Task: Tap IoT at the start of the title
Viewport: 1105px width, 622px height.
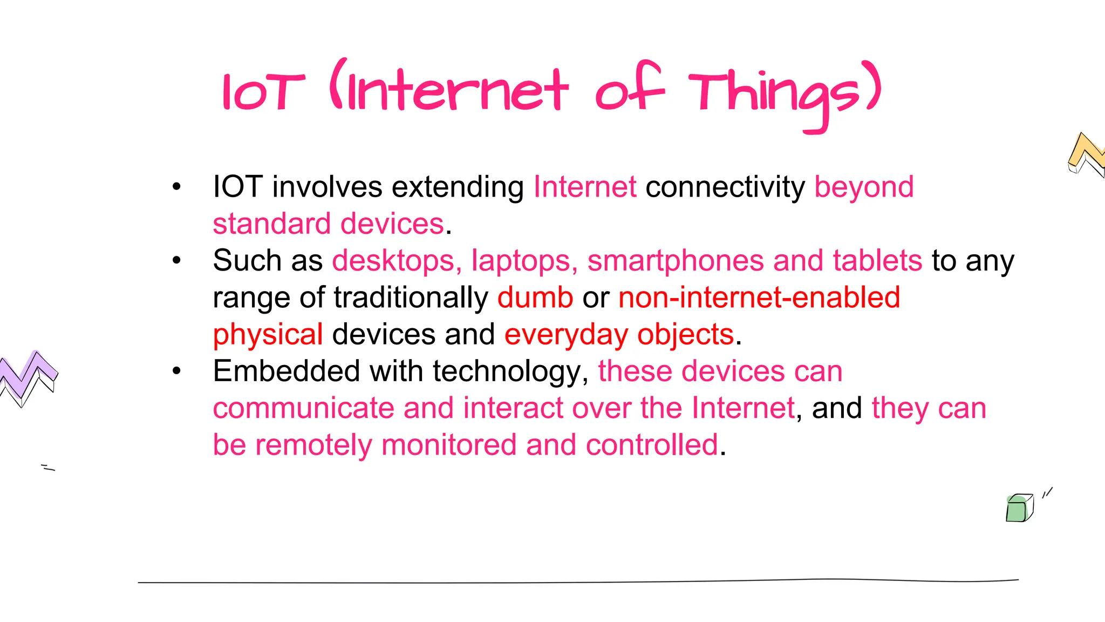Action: pos(263,93)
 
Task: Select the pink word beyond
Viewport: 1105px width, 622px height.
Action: pos(864,187)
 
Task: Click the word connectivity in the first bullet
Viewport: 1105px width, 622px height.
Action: pos(725,187)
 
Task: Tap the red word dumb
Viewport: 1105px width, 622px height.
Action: pos(535,298)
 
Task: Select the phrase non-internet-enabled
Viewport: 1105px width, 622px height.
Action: pos(759,298)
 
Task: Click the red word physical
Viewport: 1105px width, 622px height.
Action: pos(268,335)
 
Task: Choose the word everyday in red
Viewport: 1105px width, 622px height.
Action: pos(566,335)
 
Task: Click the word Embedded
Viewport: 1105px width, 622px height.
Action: pos(287,371)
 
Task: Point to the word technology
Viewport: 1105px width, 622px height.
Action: pos(510,371)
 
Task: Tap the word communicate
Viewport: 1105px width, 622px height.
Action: pos(303,408)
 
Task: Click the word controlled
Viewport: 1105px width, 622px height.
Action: pos(652,445)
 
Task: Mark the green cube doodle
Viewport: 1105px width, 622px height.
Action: pos(1019,509)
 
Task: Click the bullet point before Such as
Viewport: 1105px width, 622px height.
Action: pos(176,261)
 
